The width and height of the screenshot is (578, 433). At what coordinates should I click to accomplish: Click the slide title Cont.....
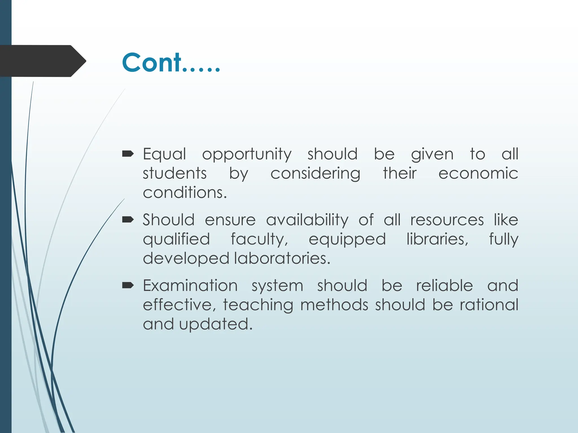170,63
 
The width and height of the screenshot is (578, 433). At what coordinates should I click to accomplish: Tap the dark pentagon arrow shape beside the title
42,61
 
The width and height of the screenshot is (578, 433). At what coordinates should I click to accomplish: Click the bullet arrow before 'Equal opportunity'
128,154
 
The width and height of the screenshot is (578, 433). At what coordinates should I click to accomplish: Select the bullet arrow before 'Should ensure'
128,220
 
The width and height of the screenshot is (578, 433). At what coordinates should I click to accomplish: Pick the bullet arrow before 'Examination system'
128,286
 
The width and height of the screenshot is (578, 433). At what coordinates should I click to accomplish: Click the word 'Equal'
164,154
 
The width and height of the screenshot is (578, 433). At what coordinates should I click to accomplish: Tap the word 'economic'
478,173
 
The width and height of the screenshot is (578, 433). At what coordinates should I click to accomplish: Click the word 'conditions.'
185,193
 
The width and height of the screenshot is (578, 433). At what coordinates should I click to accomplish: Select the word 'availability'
307,220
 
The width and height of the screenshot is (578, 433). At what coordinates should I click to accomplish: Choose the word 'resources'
447,220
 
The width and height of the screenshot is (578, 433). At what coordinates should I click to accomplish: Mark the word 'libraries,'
437,239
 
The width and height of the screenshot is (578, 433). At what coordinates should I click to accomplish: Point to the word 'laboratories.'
282,258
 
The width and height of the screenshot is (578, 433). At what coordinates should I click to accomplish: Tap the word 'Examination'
190,286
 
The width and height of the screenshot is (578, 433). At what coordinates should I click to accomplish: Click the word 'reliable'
444,286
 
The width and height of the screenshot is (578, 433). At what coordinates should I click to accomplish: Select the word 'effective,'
179,305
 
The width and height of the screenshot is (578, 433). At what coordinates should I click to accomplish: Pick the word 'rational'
489,305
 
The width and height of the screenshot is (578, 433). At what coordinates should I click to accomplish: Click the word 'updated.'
216,324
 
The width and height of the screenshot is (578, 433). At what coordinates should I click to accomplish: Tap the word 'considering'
315,174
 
